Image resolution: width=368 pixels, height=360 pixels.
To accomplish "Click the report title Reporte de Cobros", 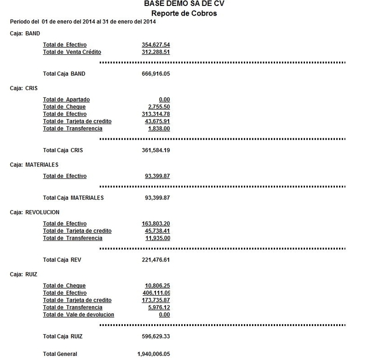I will click(x=184, y=13).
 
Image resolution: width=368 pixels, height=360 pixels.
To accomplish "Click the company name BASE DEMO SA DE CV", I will click(x=184, y=4).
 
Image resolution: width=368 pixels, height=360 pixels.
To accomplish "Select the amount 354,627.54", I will click(x=156, y=45).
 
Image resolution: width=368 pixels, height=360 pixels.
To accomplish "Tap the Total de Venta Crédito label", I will click(x=72, y=51).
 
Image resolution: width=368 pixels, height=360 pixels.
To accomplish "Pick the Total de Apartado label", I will click(x=66, y=100).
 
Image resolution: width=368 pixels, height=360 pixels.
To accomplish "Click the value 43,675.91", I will click(x=157, y=121).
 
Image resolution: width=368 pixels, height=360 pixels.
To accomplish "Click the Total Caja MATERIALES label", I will click(x=73, y=198).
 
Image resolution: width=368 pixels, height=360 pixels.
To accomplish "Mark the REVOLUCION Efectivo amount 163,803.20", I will click(x=156, y=223).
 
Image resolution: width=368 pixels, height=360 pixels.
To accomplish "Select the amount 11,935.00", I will click(x=159, y=238).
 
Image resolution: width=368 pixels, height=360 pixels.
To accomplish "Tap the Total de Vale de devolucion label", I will click(x=78, y=314).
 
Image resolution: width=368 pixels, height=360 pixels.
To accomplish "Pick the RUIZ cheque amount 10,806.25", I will click(x=157, y=286).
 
